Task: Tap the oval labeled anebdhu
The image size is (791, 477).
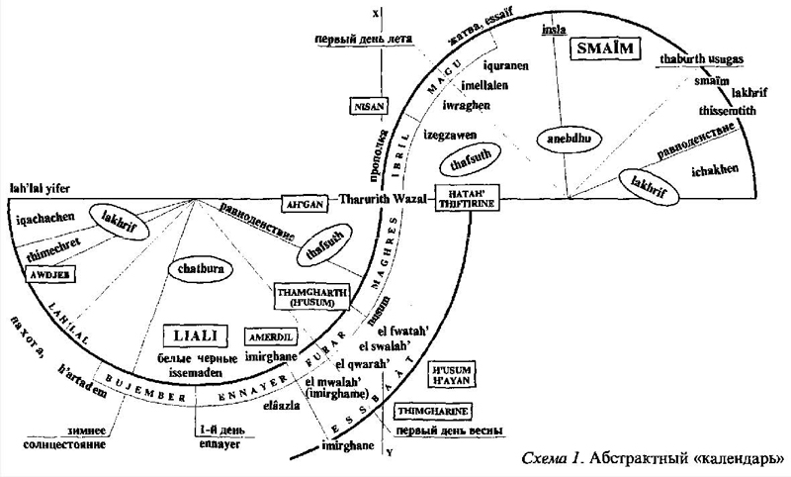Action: click(x=562, y=139)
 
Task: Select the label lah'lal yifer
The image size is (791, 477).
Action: click(x=37, y=188)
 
